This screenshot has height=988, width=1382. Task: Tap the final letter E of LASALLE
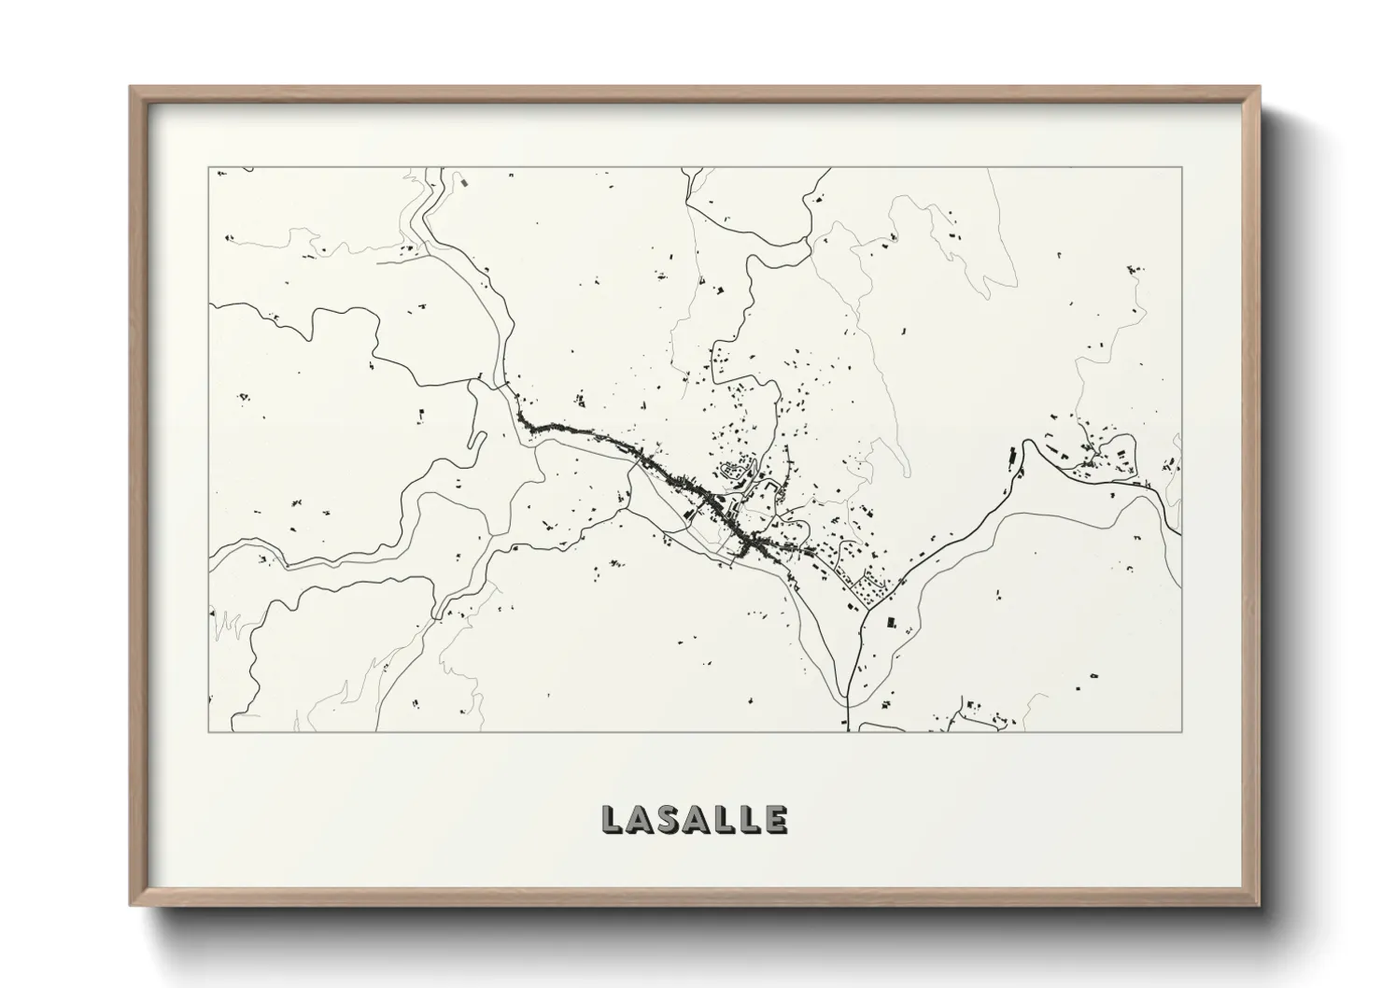[774, 820]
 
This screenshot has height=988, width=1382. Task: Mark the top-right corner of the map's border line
[1182, 167]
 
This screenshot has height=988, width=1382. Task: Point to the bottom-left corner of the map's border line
[208, 731]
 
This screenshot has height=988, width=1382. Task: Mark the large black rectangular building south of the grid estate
[889, 621]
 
